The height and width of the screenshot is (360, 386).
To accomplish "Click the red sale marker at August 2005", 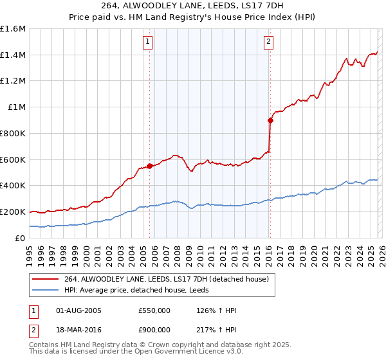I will tap(149, 166).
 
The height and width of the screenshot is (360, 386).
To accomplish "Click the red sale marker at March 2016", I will tap(270, 120).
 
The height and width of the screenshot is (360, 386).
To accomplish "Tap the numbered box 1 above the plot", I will tap(148, 42).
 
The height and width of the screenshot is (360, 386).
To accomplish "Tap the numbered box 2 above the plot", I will tap(268, 42).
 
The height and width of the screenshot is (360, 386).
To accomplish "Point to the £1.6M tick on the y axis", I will tap(13, 29).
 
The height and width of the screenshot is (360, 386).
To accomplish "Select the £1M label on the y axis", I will tap(17, 107).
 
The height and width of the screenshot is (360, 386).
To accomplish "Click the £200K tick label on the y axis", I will tap(13, 212).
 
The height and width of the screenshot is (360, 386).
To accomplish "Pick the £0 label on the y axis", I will tap(21, 238).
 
